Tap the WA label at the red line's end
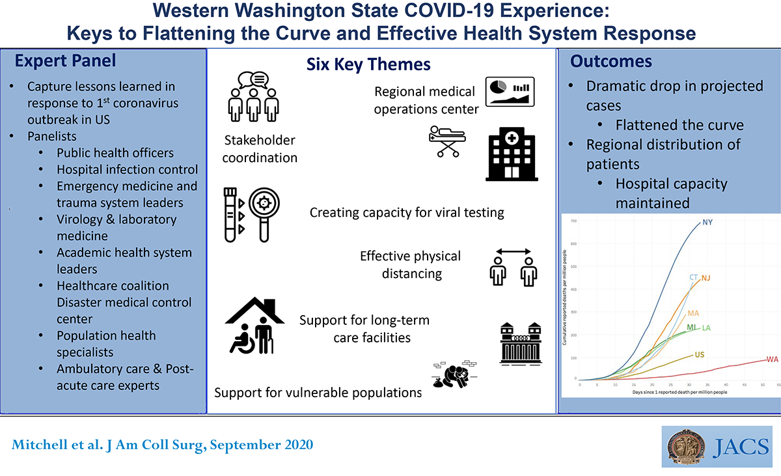[772, 359]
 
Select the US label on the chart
[700, 354]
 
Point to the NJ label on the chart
[706, 278]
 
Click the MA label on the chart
[693, 313]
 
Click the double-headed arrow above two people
[514, 251]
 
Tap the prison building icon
[521, 343]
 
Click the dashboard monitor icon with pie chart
[510, 91]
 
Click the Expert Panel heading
[65, 61]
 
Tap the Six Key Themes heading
[368, 64]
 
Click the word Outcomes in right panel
[610, 61]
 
